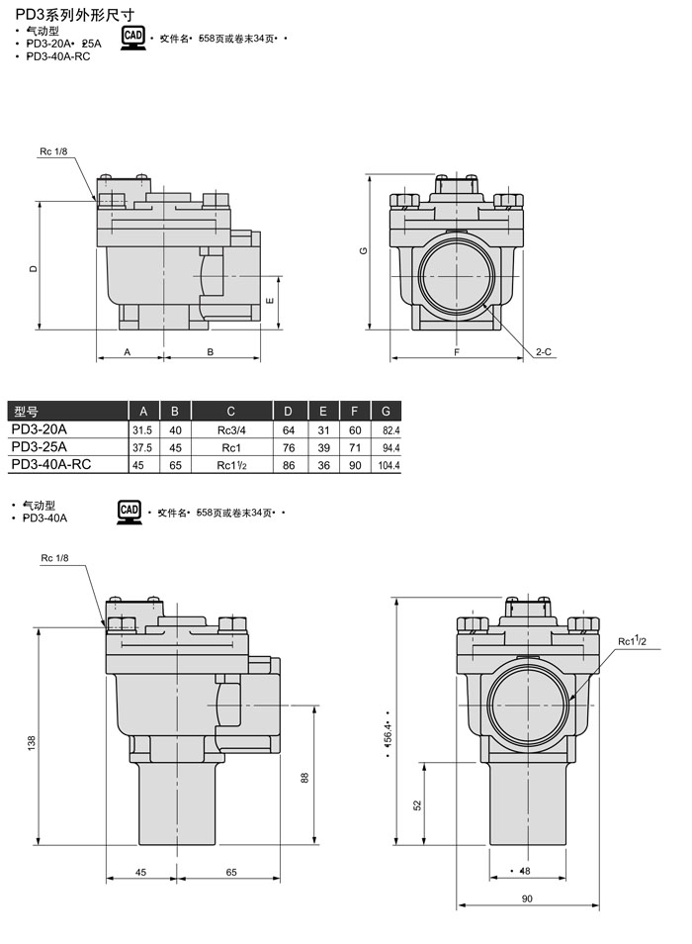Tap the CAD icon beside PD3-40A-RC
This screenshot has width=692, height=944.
[132, 39]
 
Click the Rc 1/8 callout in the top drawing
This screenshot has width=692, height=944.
[53, 151]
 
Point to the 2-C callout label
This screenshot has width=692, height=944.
[544, 352]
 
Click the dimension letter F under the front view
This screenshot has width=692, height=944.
[457, 352]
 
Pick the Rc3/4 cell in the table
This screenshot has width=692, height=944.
[230, 430]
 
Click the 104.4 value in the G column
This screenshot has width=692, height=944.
[387, 465]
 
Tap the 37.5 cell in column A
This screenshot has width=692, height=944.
[142, 447]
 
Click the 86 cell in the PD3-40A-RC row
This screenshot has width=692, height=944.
[289, 465]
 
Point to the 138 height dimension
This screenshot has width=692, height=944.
[32, 740]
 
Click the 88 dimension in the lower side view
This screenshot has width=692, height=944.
[304, 779]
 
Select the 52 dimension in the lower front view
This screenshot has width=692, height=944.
[417, 805]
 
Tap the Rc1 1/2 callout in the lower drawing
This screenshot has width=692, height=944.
[632, 641]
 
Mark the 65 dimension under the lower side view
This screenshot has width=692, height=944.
[230, 873]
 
